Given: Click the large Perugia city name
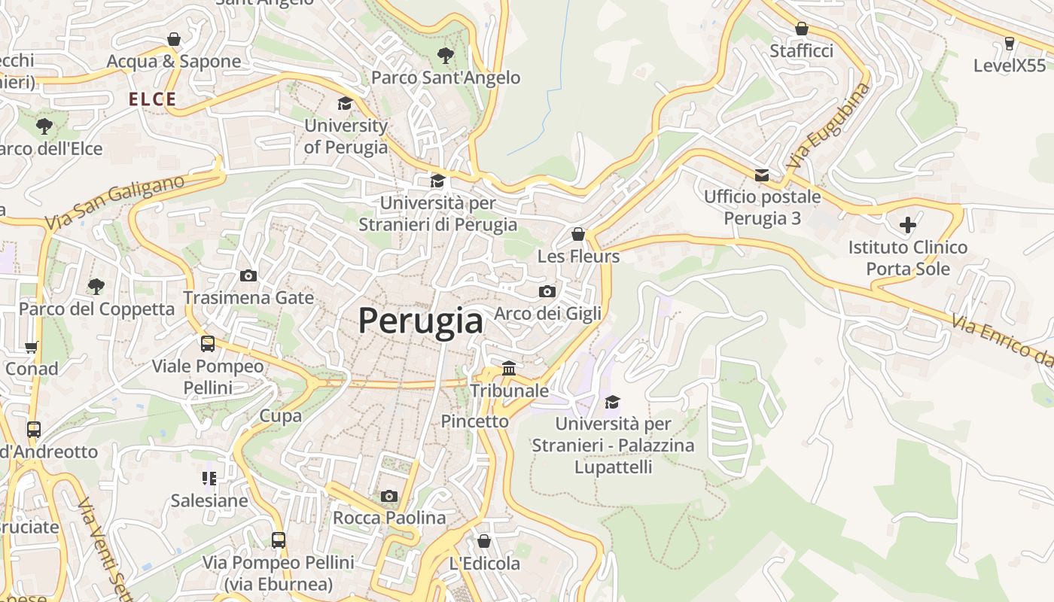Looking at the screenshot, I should click(420, 321).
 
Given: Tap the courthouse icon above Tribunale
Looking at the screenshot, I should click(509, 369).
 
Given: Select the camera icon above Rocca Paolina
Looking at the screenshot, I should click(388, 496).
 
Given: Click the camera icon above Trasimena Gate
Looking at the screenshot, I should click(248, 276).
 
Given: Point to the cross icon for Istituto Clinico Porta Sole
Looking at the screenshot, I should click(907, 224).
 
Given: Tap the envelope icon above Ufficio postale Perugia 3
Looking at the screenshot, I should click(762, 175).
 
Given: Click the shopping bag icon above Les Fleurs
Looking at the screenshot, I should click(578, 234).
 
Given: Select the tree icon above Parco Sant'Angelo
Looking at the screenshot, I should click(445, 55).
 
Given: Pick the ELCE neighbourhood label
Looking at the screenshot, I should click(152, 99).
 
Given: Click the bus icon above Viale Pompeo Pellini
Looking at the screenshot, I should click(208, 344).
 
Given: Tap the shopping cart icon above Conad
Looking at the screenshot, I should click(31, 347).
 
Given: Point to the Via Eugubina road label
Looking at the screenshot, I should click(827, 126).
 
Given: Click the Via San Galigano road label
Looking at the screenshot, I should click(114, 202).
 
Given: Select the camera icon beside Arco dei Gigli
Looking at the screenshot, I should click(547, 292).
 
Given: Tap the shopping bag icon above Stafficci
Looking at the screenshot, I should click(801, 29).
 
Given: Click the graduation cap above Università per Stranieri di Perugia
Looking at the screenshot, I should click(437, 181).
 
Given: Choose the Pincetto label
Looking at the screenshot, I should click(474, 421).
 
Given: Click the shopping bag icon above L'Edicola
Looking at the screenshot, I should click(484, 541).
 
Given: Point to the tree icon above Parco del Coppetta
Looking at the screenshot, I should click(96, 286).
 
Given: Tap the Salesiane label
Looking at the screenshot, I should click(209, 500).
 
